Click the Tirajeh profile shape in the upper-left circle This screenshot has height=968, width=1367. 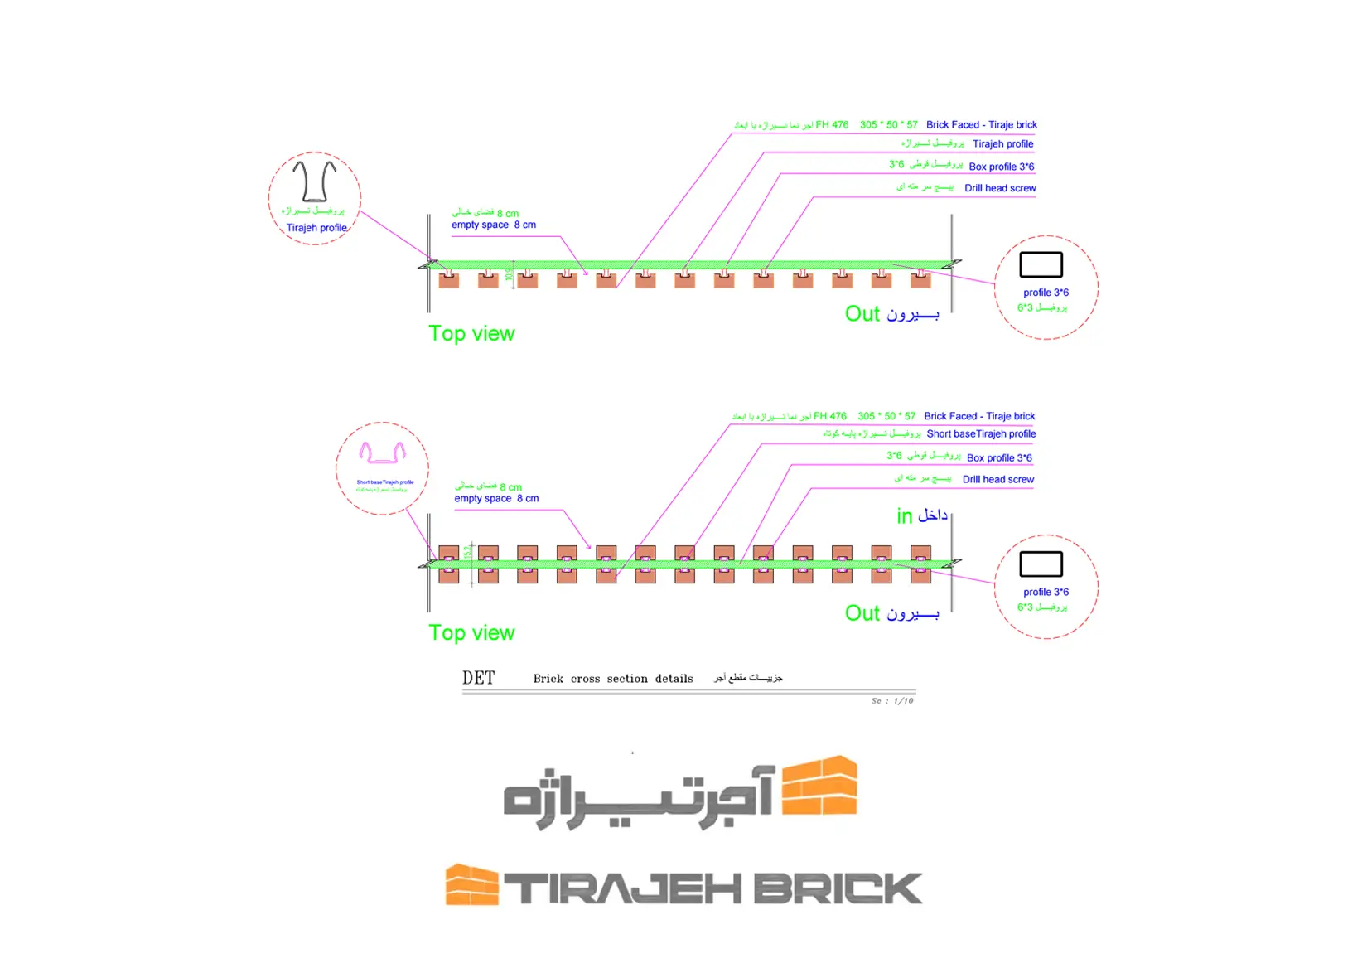pyautogui.click(x=315, y=181)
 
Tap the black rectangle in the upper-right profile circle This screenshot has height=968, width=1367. pyautogui.click(x=1041, y=264)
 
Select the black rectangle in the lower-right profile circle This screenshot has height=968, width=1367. pyautogui.click(x=1041, y=564)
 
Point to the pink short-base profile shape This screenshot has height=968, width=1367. pyautogui.click(x=382, y=453)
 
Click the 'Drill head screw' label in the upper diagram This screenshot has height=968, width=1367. pyautogui.click(x=1000, y=188)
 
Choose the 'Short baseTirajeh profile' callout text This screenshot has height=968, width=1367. pyautogui.click(x=981, y=433)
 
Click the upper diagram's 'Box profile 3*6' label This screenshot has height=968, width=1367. pyautogui.click(x=1001, y=167)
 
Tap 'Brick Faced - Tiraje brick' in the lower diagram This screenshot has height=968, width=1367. pyautogui.click(x=979, y=416)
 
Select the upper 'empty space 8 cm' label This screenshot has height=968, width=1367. pyautogui.click(x=494, y=225)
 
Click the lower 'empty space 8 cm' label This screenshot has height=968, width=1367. pyautogui.click(x=496, y=498)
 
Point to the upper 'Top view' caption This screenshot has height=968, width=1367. pyautogui.click(x=471, y=333)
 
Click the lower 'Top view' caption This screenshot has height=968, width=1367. pyautogui.click(x=471, y=632)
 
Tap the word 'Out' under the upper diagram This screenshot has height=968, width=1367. pyautogui.click(x=862, y=313)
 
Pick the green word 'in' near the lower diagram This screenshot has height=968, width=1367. pyautogui.click(x=904, y=516)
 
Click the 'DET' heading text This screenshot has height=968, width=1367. pyautogui.click(x=478, y=678)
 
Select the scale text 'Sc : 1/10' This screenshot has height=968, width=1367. pyautogui.click(x=891, y=701)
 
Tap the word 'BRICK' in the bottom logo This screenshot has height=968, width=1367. pyautogui.click(x=837, y=888)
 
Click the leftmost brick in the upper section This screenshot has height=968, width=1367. pyautogui.click(x=449, y=279)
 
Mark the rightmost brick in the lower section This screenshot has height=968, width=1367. pyautogui.click(x=920, y=564)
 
